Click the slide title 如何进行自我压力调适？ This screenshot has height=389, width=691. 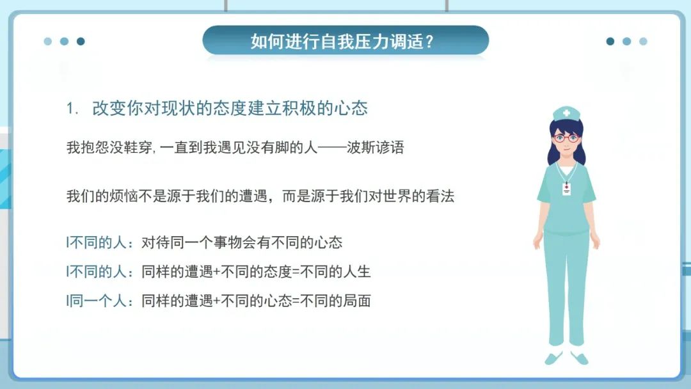click(x=343, y=42)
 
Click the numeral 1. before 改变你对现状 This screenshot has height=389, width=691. click(x=72, y=109)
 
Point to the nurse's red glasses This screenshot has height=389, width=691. click(x=566, y=138)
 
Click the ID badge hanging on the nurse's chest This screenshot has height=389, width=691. click(x=566, y=188)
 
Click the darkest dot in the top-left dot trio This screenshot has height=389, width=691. click(x=81, y=42)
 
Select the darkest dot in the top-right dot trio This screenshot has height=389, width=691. click(x=610, y=42)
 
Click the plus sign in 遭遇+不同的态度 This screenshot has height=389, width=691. click(x=216, y=272)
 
